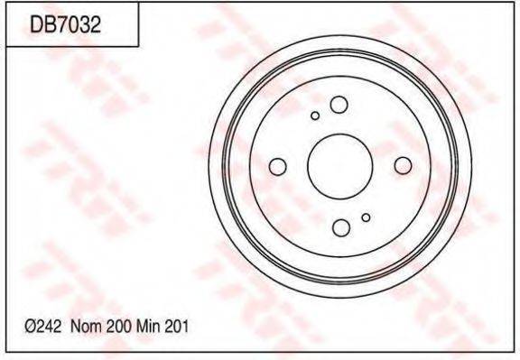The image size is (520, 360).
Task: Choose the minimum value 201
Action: click(177, 328)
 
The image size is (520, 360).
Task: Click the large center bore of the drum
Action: click(339, 166)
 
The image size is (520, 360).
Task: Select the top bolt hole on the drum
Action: click(339, 105)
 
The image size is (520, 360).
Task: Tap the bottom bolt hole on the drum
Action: click(339, 227)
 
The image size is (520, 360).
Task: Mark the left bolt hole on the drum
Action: click(278, 166)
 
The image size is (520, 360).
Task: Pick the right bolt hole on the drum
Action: click(402, 164)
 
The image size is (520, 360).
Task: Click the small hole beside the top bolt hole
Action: click(314, 115)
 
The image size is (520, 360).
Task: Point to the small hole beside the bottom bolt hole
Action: click(365, 217)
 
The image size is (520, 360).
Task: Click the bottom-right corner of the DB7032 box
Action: click(137, 46)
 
